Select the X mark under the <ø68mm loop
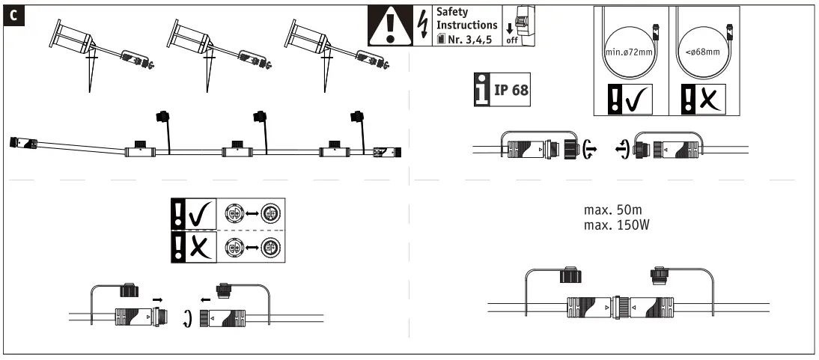pyautogui.click(x=708, y=98)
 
